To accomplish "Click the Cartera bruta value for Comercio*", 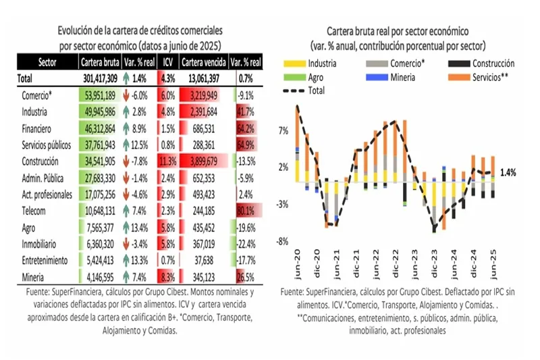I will [98, 95].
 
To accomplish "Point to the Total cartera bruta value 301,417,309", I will [98, 78].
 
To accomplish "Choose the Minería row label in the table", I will [34, 276].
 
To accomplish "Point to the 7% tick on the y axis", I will [283, 130].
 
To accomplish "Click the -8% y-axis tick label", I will [283, 240].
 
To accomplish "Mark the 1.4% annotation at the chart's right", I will [508, 172].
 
